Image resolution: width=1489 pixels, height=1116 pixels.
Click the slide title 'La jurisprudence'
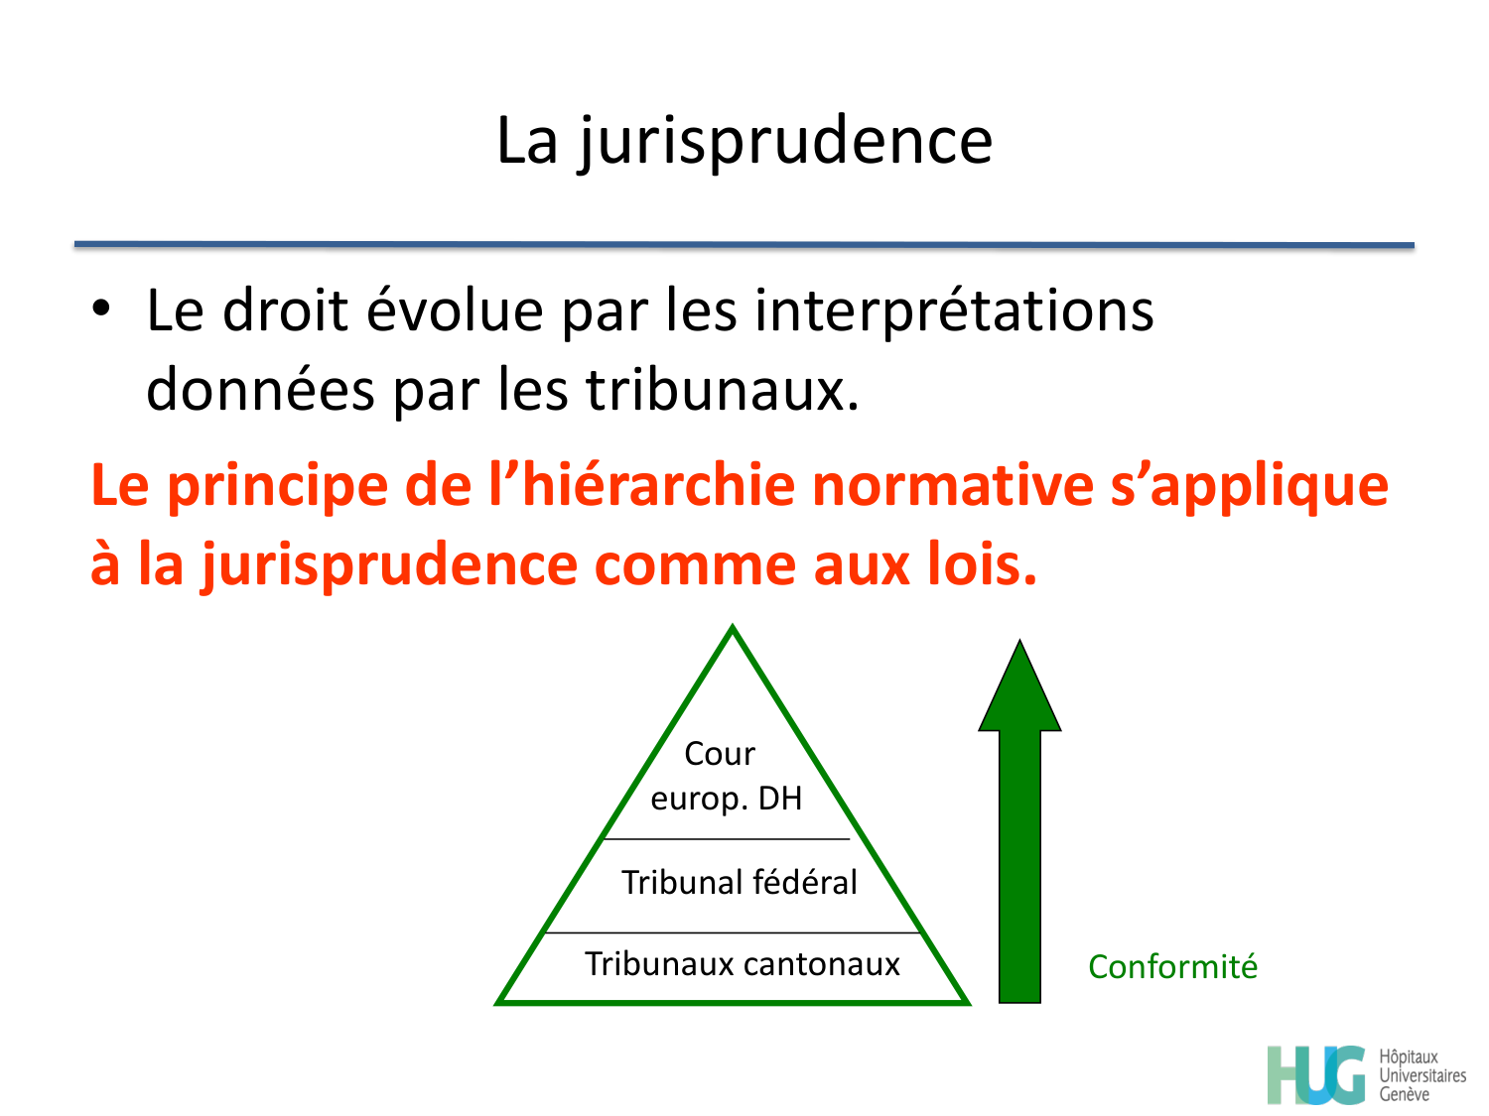(x=744, y=141)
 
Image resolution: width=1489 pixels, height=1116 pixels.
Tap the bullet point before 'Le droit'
(x=100, y=309)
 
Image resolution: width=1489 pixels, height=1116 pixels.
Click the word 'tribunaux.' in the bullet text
(x=722, y=390)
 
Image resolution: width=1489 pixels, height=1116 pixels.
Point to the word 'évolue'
(x=455, y=310)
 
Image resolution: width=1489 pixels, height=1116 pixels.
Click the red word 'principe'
(x=276, y=487)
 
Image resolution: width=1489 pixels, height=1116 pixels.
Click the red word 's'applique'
(x=1249, y=487)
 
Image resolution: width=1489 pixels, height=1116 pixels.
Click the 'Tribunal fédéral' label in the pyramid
(x=739, y=882)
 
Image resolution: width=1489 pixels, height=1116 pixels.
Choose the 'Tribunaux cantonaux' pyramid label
(x=742, y=963)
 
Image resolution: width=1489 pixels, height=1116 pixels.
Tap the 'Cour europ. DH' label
(x=725, y=776)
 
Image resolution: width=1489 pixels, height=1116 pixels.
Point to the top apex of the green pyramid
(x=733, y=630)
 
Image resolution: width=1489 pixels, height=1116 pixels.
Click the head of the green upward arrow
(x=1019, y=689)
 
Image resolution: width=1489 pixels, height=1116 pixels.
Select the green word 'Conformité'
(x=1172, y=966)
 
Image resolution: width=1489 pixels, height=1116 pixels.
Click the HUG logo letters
(x=1316, y=1075)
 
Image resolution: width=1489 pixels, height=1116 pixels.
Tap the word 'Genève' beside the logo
(x=1404, y=1094)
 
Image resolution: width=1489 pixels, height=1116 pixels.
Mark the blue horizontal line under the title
(x=744, y=244)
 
